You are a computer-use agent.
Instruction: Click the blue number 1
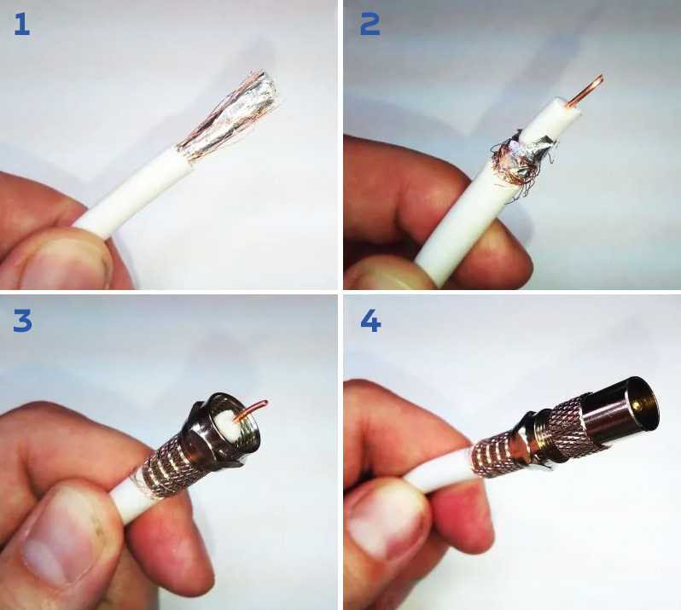click(21, 24)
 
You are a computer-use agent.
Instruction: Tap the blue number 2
click(370, 24)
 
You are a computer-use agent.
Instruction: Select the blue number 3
click(22, 321)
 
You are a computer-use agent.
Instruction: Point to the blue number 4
click(370, 322)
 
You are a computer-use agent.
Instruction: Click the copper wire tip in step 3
click(263, 404)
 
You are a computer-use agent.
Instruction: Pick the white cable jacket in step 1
click(135, 191)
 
